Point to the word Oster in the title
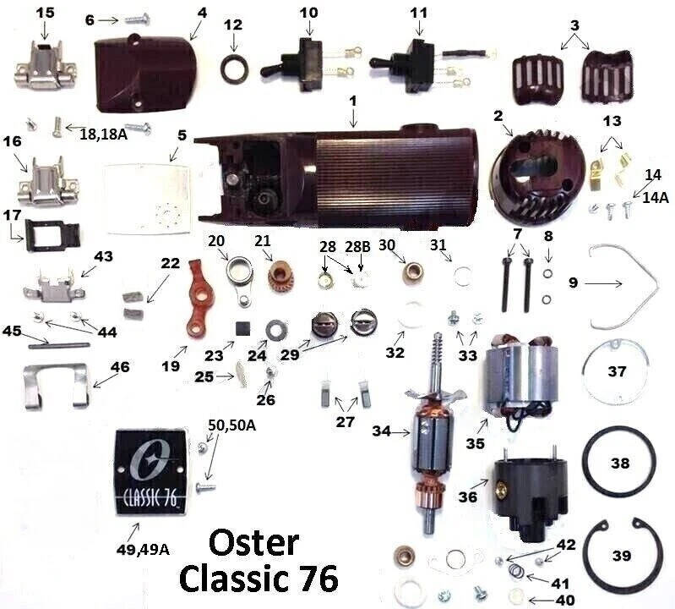point(253,542)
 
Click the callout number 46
point(121,368)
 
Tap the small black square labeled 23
point(242,327)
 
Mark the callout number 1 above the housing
point(353,101)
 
